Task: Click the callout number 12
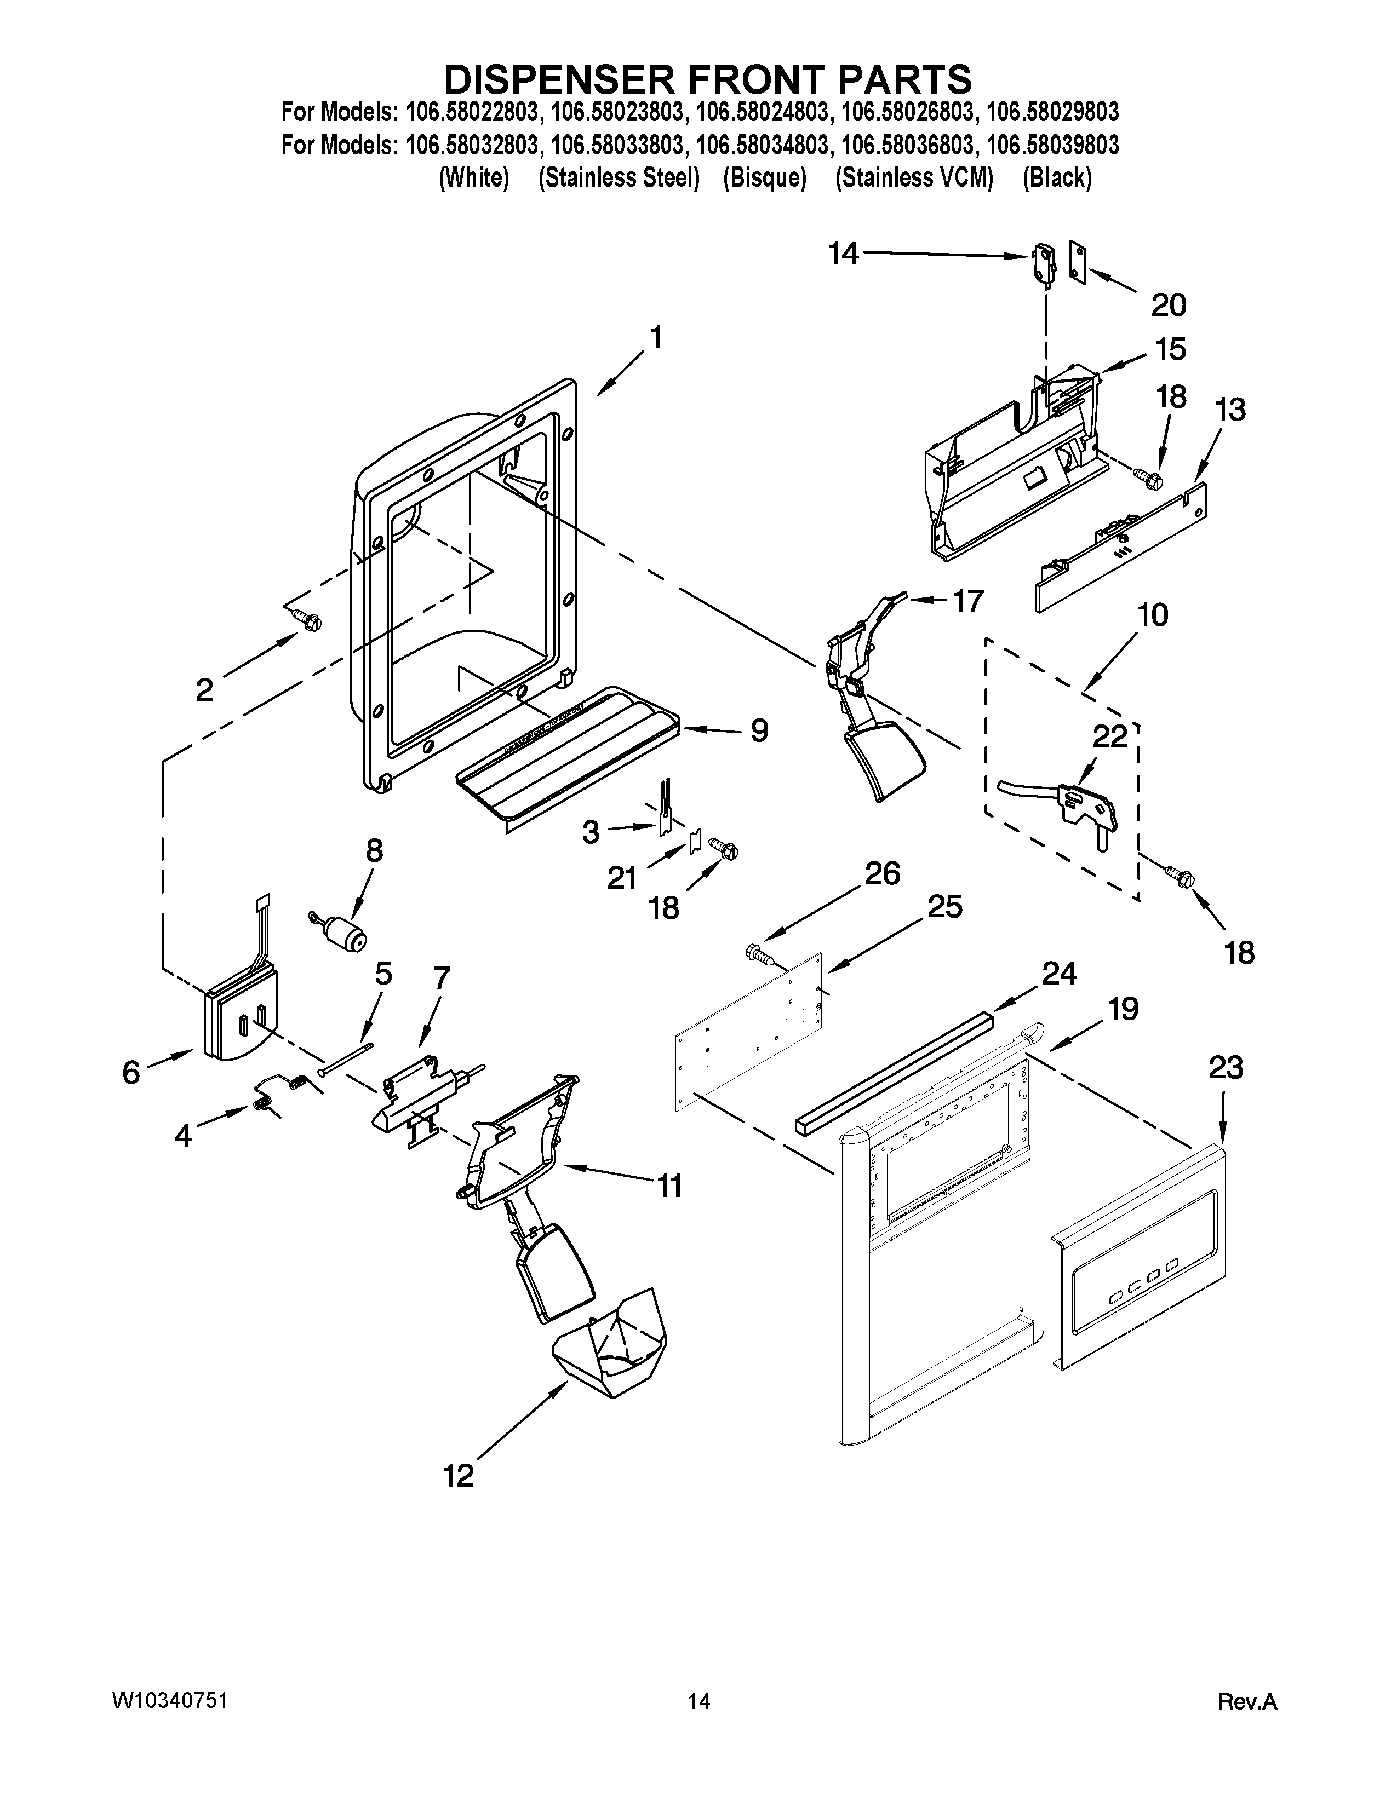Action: click(459, 1475)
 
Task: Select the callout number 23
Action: click(1226, 1068)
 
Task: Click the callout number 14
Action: click(843, 254)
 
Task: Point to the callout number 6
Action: click(131, 1072)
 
